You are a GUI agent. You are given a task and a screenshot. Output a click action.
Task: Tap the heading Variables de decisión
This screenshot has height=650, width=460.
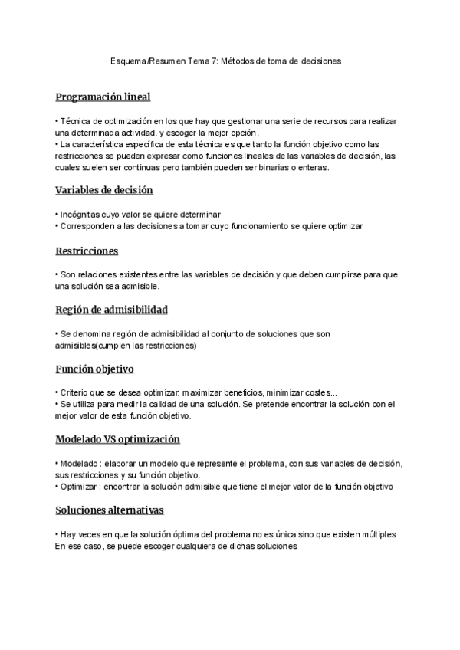pos(104,190)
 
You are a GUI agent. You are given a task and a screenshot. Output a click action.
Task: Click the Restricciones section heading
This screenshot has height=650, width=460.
pos(87,251)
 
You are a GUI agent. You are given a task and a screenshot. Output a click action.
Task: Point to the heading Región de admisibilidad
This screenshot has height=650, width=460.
pos(111,310)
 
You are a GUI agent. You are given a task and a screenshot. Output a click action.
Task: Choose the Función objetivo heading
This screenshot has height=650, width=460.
pos(94,369)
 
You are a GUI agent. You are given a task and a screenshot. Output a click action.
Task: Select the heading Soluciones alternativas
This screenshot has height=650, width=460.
pos(110,510)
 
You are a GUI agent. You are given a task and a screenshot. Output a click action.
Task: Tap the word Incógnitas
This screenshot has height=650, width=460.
pos(80,215)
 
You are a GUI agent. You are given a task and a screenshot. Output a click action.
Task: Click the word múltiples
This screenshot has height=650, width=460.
pos(374,534)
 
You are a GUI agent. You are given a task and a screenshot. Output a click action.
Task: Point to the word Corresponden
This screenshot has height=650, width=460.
pos(86,226)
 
